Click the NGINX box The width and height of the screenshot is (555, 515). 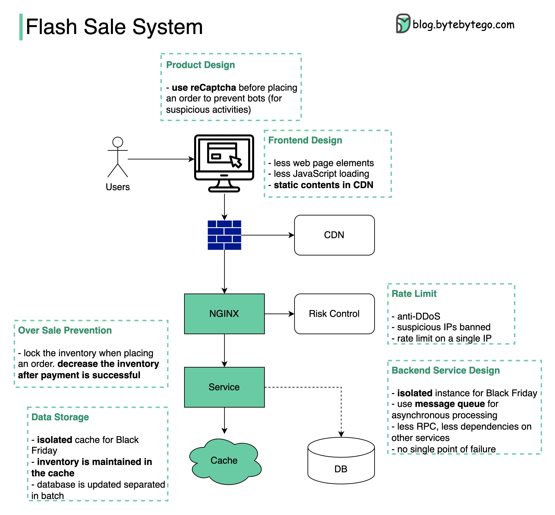tap(224, 314)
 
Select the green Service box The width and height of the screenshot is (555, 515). tap(224, 387)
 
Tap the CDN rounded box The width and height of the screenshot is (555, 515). tap(334, 235)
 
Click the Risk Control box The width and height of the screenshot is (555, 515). tap(334, 314)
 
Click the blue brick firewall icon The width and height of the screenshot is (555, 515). tap(224, 235)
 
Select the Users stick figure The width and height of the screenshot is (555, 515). tap(118, 157)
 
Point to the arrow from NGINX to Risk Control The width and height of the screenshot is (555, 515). tap(280, 314)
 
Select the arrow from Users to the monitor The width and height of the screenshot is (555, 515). tap(161, 159)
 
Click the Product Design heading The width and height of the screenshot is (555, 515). tap(200, 65)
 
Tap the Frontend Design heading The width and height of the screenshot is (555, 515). tap(305, 140)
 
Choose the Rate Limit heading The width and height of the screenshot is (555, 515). tap(414, 294)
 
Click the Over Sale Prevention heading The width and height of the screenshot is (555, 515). tap(65, 330)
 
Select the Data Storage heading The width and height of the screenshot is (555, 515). tap(60, 417)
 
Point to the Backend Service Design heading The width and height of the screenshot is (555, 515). tap(446, 370)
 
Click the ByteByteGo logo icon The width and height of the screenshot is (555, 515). tap(403, 23)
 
